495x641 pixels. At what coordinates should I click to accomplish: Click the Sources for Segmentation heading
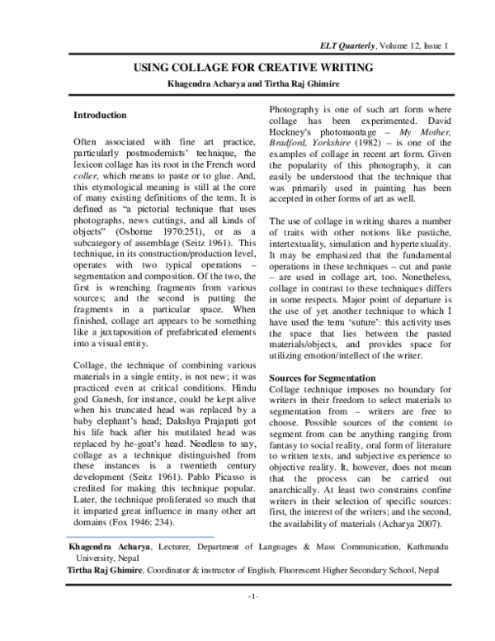323,377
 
